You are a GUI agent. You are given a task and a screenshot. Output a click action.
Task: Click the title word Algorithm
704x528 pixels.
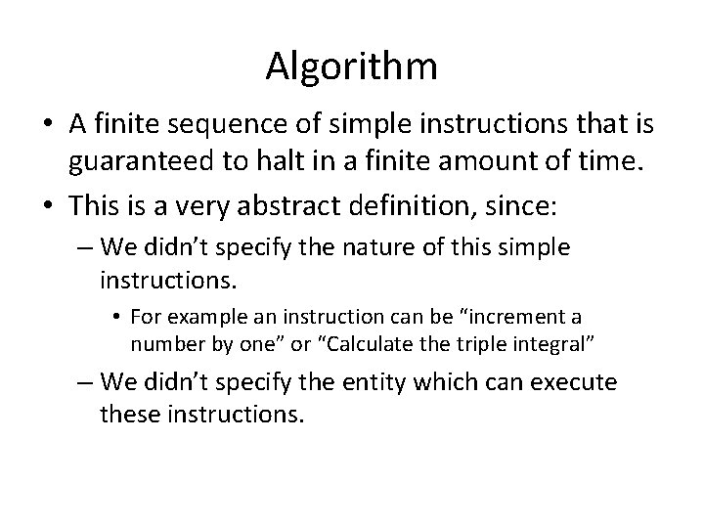tap(351, 66)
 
